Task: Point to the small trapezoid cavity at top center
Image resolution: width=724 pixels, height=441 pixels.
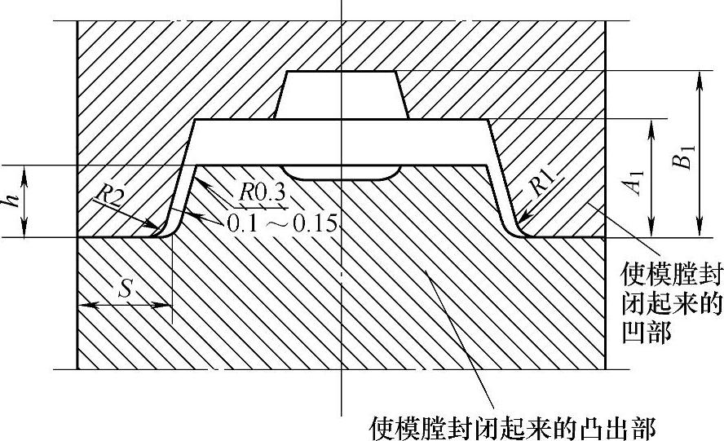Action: pyautogui.click(x=340, y=95)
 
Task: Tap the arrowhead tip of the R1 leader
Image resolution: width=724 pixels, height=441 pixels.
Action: pyautogui.click(x=521, y=223)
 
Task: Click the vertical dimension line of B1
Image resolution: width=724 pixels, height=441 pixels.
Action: pyautogui.click(x=698, y=154)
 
